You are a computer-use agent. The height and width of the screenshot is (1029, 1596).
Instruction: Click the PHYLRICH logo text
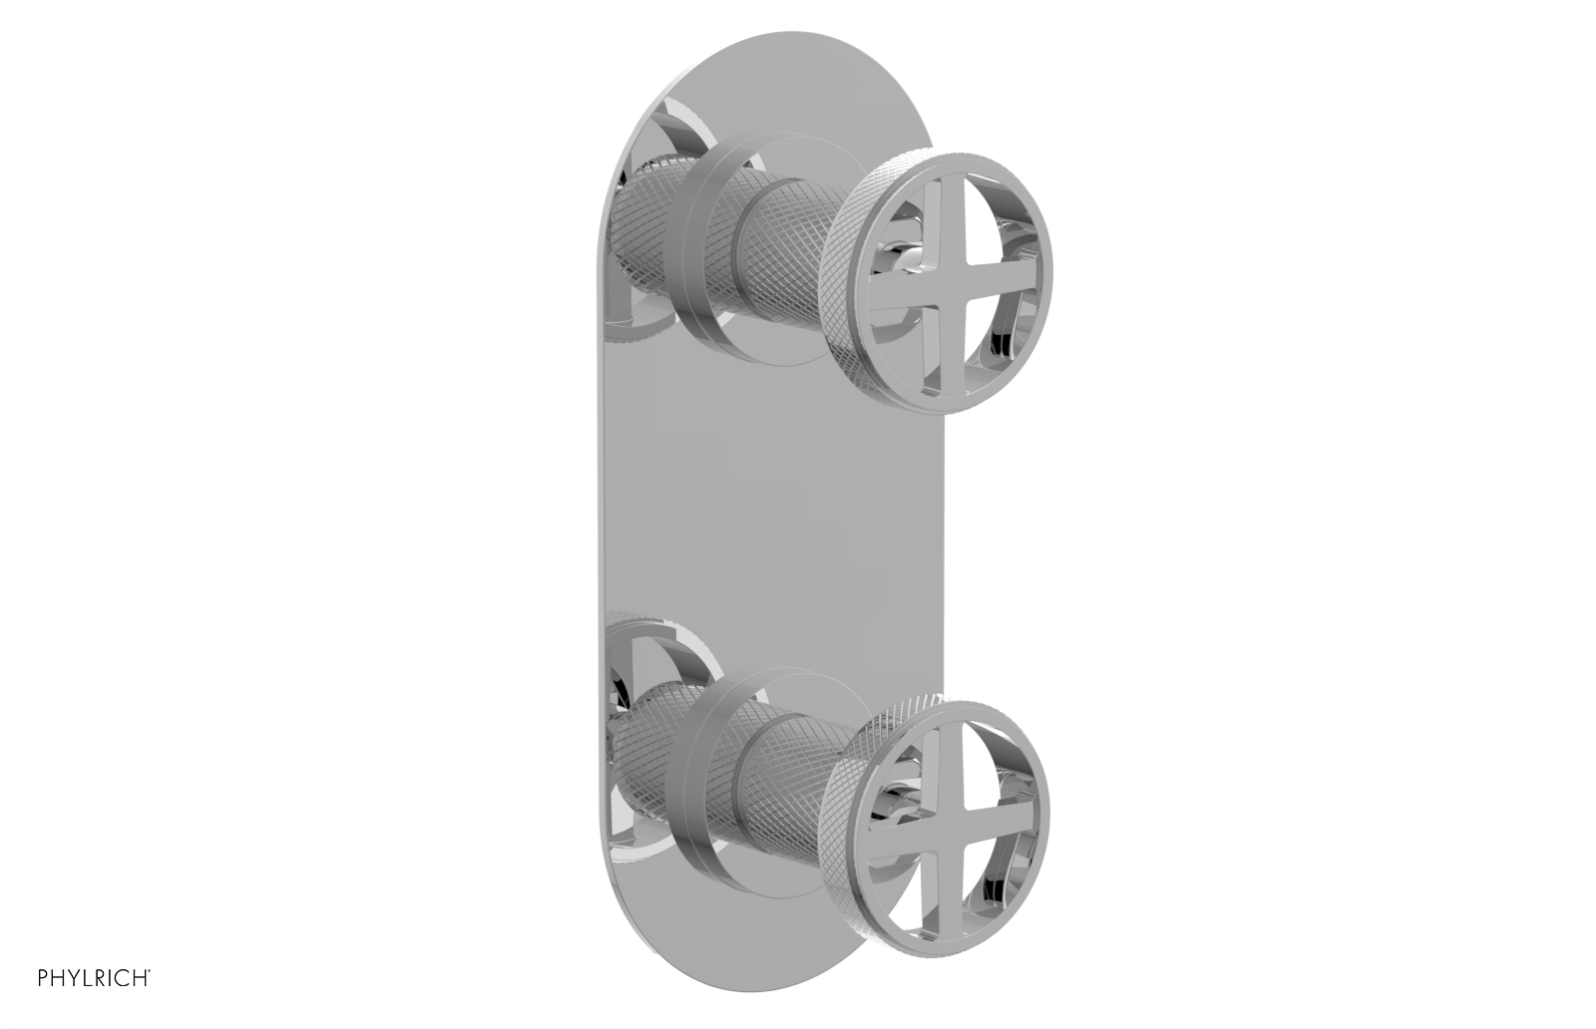coord(94,976)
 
